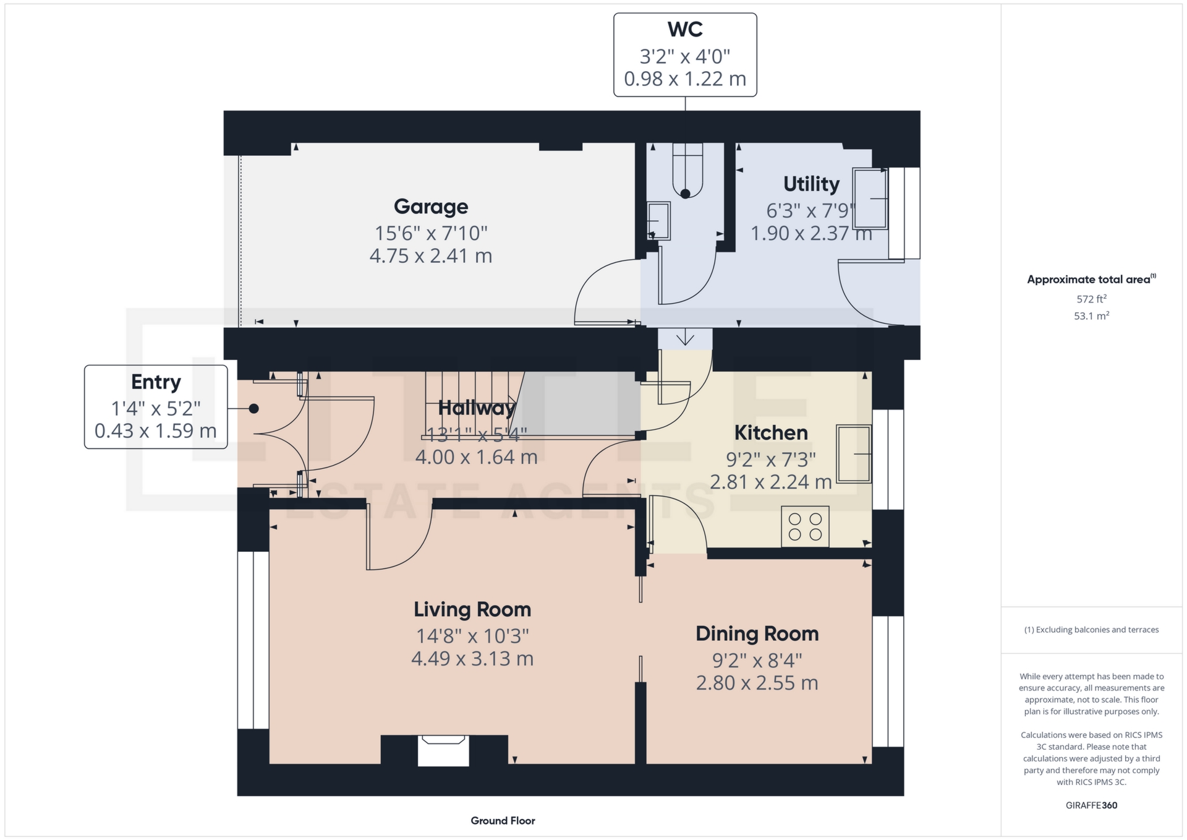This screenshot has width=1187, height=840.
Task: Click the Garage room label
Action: (431, 207)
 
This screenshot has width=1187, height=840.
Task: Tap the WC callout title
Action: (685, 30)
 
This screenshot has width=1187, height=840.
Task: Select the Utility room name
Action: (811, 184)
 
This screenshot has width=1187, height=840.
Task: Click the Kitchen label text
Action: (771, 432)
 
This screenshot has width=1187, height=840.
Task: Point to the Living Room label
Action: (472, 609)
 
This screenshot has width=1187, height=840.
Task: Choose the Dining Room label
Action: (757, 633)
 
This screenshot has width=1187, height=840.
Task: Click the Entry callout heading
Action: (156, 382)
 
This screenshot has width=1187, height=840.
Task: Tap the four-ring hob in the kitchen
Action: (805, 526)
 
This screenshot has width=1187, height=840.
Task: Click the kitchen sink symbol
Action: (854, 453)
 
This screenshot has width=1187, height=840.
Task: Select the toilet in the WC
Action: (687, 171)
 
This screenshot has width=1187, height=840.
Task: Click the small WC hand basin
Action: (658, 221)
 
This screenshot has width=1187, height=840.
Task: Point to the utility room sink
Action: (870, 199)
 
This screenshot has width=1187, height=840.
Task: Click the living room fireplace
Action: (443, 750)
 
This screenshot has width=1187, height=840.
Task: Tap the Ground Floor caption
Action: (503, 821)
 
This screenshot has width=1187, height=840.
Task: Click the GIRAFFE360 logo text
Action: (1091, 805)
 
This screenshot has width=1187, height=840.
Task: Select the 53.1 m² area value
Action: (1091, 315)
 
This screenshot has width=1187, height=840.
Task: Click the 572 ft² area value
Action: (1091, 299)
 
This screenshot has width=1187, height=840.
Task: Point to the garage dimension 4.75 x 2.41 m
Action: (431, 255)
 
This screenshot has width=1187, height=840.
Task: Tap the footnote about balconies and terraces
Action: (1091, 630)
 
